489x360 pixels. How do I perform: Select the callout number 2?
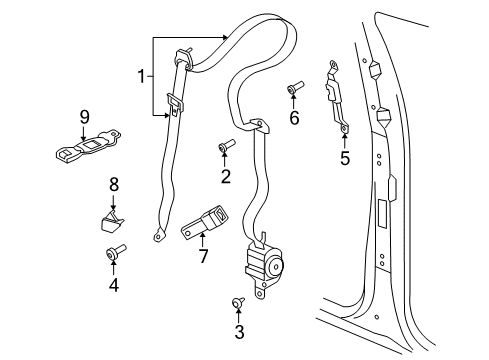pyautogui.click(x=226, y=177)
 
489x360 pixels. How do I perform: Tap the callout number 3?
pyautogui.click(x=238, y=331)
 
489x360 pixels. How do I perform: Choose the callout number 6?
pyautogui.click(x=295, y=119)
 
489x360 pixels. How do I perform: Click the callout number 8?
pyautogui.click(x=113, y=184)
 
